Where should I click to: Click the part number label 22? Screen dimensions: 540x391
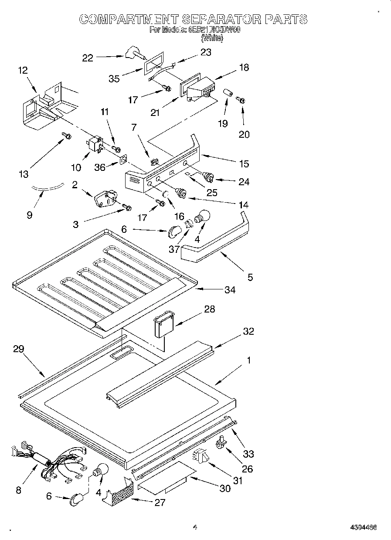pyautogui.click(x=88, y=58)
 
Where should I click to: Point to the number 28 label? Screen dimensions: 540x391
pyautogui.click(x=209, y=309)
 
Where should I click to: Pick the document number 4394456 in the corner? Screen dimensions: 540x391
pyautogui.click(x=363, y=527)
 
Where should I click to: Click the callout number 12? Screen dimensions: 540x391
pyautogui.click(x=23, y=70)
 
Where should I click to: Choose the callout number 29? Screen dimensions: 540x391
pyautogui.click(x=19, y=349)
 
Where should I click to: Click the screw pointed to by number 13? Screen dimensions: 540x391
pyautogui.click(x=67, y=136)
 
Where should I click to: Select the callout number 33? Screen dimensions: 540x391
pyautogui.click(x=248, y=454)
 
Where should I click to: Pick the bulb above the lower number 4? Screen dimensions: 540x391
pyautogui.click(x=100, y=471)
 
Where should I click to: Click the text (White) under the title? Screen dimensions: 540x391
pyautogui.click(x=212, y=38)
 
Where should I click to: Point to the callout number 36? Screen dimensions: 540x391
pyautogui.click(x=100, y=167)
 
